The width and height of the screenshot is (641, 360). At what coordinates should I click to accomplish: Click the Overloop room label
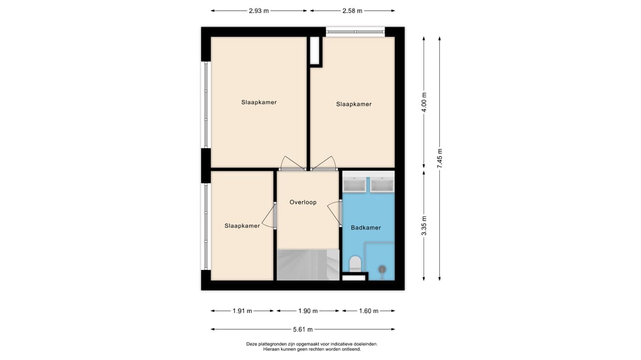pyautogui.click(x=303, y=202)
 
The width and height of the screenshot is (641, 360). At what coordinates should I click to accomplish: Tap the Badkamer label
pyautogui.click(x=366, y=227)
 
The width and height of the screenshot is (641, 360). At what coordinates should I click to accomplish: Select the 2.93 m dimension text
pyautogui.click(x=258, y=11)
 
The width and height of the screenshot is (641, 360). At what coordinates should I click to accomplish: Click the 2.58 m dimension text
pyautogui.click(x=352, y=11)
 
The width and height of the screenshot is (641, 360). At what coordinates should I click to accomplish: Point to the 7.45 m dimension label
pyautogui.click(x=440, y=158)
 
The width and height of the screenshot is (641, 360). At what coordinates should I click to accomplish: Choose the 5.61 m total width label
pyautogui.click(x=303, y=329)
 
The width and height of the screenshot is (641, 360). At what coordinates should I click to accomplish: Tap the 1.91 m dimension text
pyautogui.click(x=242, y=311)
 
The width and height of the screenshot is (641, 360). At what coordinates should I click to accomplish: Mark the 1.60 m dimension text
pyautogui.click(x=368, y=311)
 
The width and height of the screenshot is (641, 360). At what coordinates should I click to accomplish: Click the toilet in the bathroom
pyautogui.click(x=356, y=263)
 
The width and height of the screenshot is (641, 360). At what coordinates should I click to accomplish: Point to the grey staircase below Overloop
pyautogui.click(x=307, y=265)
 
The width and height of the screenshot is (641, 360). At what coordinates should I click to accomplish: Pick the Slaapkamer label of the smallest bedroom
pyautogui.click(x=242, y=225)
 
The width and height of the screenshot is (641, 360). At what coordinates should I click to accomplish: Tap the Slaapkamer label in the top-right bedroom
pyautogui.click(x=354, y=104)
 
